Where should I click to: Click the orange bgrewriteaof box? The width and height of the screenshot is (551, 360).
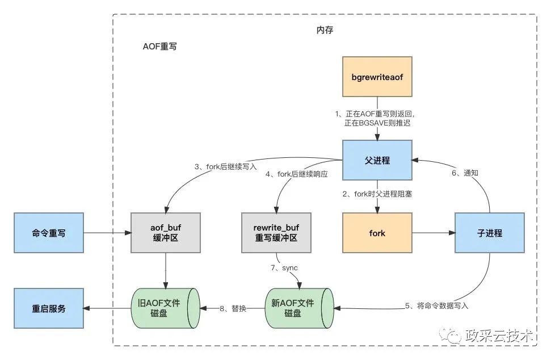coord(378,76)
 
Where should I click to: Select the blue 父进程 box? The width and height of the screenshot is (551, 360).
coord(378,160)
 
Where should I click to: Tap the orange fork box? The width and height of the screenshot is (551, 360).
coord(377,233)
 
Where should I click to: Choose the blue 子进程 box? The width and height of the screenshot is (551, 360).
coord(489,233)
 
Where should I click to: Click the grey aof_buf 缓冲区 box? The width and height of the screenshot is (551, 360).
coord(165,233)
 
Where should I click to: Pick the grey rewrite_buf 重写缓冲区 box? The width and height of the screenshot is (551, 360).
coord(276,233)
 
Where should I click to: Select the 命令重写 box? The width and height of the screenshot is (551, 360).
coord(48,233)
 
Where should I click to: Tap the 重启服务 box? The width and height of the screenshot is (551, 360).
coord(48,308)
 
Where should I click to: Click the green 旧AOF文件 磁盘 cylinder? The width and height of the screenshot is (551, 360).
coord(166,308)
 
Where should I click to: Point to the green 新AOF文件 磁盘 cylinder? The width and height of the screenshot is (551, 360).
coord(300,308)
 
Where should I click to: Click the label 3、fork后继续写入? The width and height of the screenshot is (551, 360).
coord(225,166)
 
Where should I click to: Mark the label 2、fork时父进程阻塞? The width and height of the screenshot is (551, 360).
coord(378,194)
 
